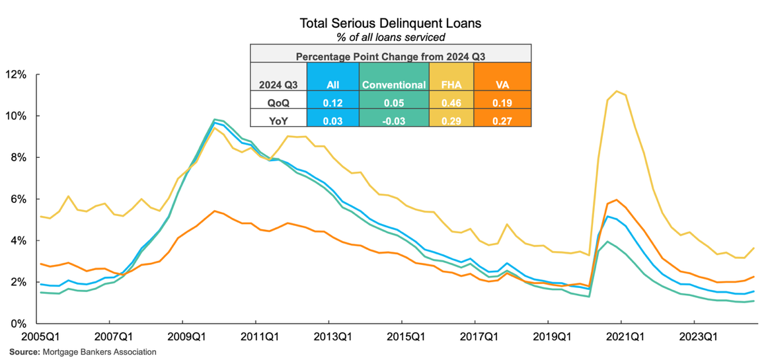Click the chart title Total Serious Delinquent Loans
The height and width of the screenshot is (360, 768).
390,23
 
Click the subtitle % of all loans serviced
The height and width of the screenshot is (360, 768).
390,37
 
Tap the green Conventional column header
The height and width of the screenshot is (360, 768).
395,85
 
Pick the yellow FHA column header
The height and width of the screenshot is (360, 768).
451,85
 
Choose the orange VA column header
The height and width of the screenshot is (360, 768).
503,85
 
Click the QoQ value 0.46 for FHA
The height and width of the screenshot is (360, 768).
451,102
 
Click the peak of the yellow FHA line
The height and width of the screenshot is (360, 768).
617,91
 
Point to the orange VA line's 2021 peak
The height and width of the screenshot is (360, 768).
617,199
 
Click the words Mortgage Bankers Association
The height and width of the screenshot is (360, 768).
98,352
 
